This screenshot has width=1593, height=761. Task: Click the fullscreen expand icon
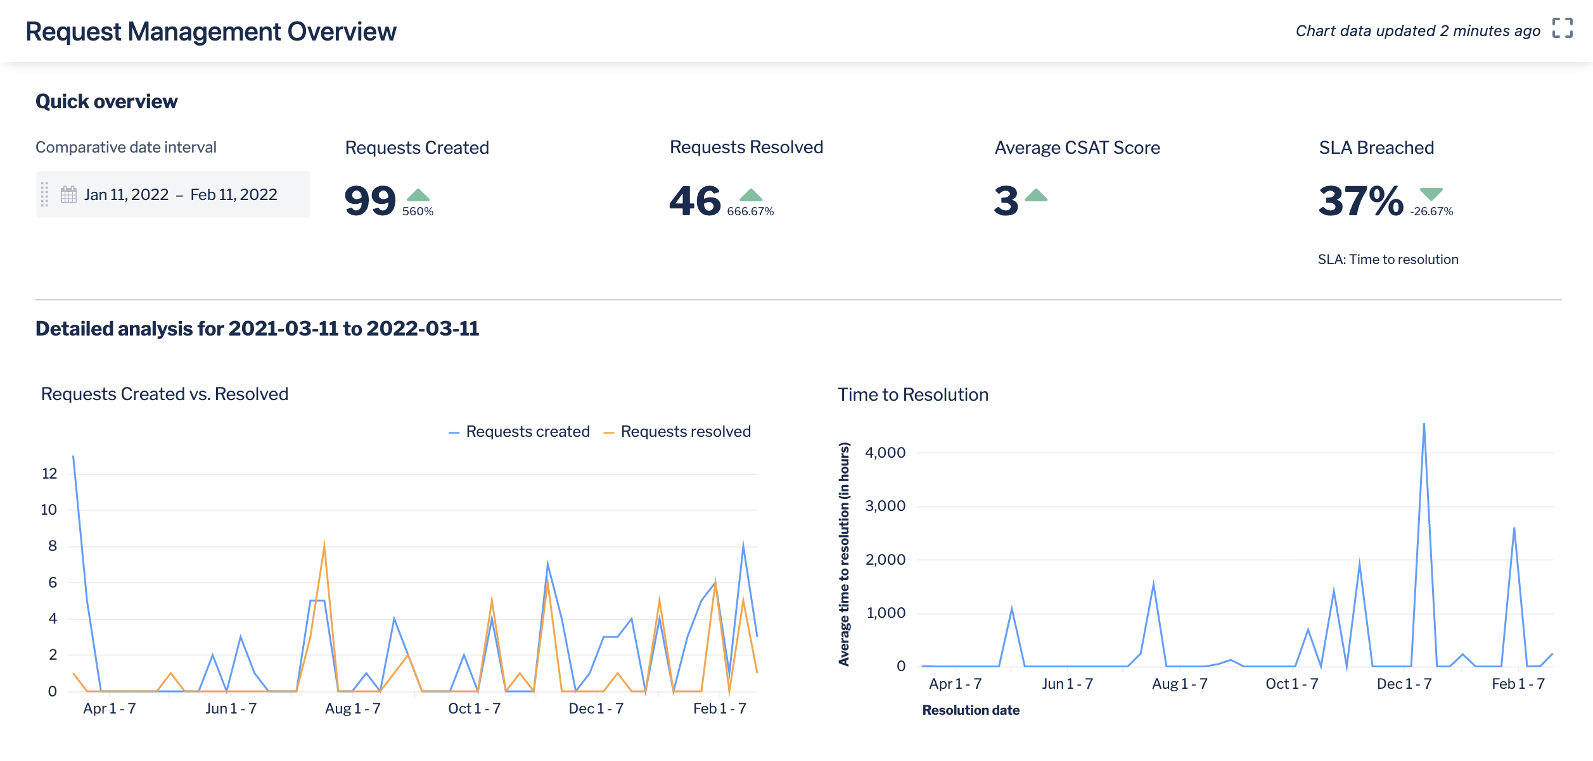[1562, 28]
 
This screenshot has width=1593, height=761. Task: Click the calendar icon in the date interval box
[68, 194]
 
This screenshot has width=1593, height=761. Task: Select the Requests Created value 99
[370, 201]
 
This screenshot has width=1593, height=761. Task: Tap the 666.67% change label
[750, 211]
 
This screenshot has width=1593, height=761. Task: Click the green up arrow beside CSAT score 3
[1035, 195]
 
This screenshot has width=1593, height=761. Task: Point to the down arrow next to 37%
[1431, 194]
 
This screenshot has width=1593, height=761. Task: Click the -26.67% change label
[1431, 211]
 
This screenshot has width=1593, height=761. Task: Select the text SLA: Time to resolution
[1388, 260]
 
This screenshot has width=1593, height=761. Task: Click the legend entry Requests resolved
[685, 432]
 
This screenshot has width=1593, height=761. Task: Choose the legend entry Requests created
[527, 432]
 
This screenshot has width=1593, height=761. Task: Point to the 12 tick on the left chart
[49, 474]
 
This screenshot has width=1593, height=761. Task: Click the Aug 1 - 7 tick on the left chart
[352, 708]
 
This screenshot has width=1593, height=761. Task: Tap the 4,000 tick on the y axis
[885, 453]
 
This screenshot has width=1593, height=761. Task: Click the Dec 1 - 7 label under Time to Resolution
[1404, 684]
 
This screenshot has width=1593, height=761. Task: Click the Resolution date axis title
[970, 710]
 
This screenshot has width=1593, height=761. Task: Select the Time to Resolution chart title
[912, 395]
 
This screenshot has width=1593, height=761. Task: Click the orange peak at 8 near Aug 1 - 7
[324, 545]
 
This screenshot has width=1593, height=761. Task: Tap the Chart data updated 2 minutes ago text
[1417, 31]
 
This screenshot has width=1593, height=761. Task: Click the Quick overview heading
[106, 102]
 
